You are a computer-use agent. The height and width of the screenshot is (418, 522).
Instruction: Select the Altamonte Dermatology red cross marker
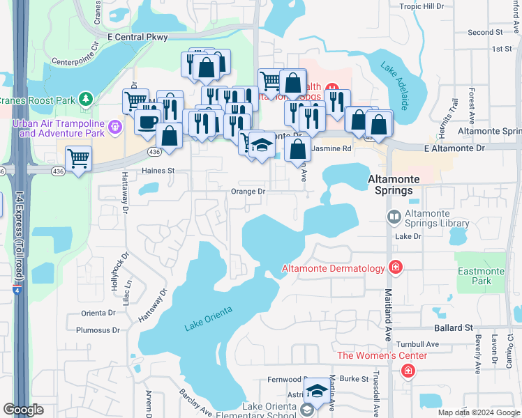pyautogui.click(x=396, y=268)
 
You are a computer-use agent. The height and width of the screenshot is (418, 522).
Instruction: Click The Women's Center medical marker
pyautogui.click(x=407, y=371)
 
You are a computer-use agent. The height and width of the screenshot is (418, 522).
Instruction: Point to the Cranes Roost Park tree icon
pyautogui.click(x=86, y=99)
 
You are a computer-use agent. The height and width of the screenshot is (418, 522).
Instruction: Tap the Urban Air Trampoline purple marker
pyautogui.click(x=116, y=127)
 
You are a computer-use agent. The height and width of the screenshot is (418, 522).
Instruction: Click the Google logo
pyautogui.click(x=24, y=410)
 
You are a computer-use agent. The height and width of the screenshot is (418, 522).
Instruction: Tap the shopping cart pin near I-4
pyautogui.click(x=79, y=158)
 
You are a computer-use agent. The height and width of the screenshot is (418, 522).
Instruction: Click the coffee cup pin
pyautogui.click(x=147, y=121)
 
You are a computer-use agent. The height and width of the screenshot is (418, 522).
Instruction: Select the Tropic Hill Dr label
pyautogui.click(x=422, y=6)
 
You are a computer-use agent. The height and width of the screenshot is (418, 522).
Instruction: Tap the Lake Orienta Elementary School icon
pyautogui.click(x=306, y=410)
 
